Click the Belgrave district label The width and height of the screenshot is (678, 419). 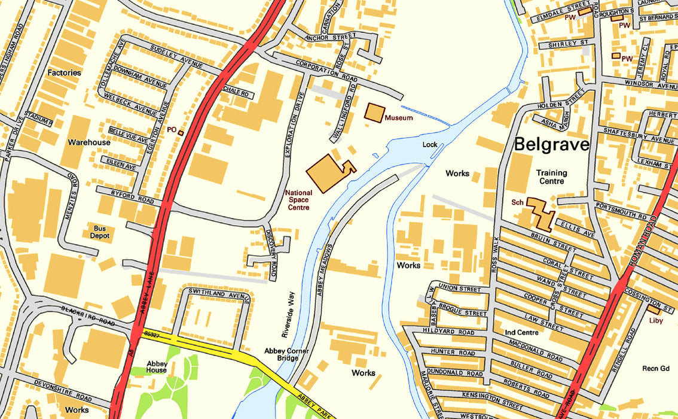point(551,144)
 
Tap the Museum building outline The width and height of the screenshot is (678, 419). point(374,113)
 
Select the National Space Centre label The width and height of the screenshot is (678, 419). point(298,201)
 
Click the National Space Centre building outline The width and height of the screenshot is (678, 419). point(326,173)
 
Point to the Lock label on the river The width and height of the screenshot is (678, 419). point(430,144)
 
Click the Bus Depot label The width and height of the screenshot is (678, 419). point(100,232)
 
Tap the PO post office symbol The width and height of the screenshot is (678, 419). point(181,132)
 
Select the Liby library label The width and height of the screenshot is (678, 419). point(656,320)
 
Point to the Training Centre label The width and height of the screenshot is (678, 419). point(551,177)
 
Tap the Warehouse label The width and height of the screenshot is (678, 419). point(88,142)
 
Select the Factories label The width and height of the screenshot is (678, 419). point(64,72)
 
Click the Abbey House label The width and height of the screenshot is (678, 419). point(157,366)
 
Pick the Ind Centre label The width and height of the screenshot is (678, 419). point(521,332)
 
